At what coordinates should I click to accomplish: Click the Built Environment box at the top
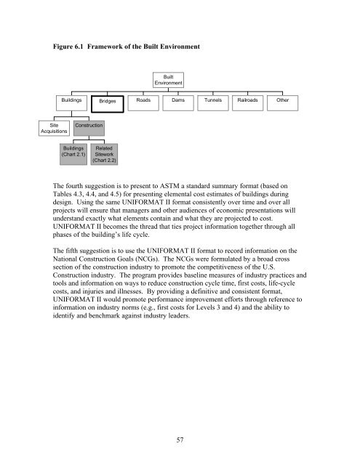173,81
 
